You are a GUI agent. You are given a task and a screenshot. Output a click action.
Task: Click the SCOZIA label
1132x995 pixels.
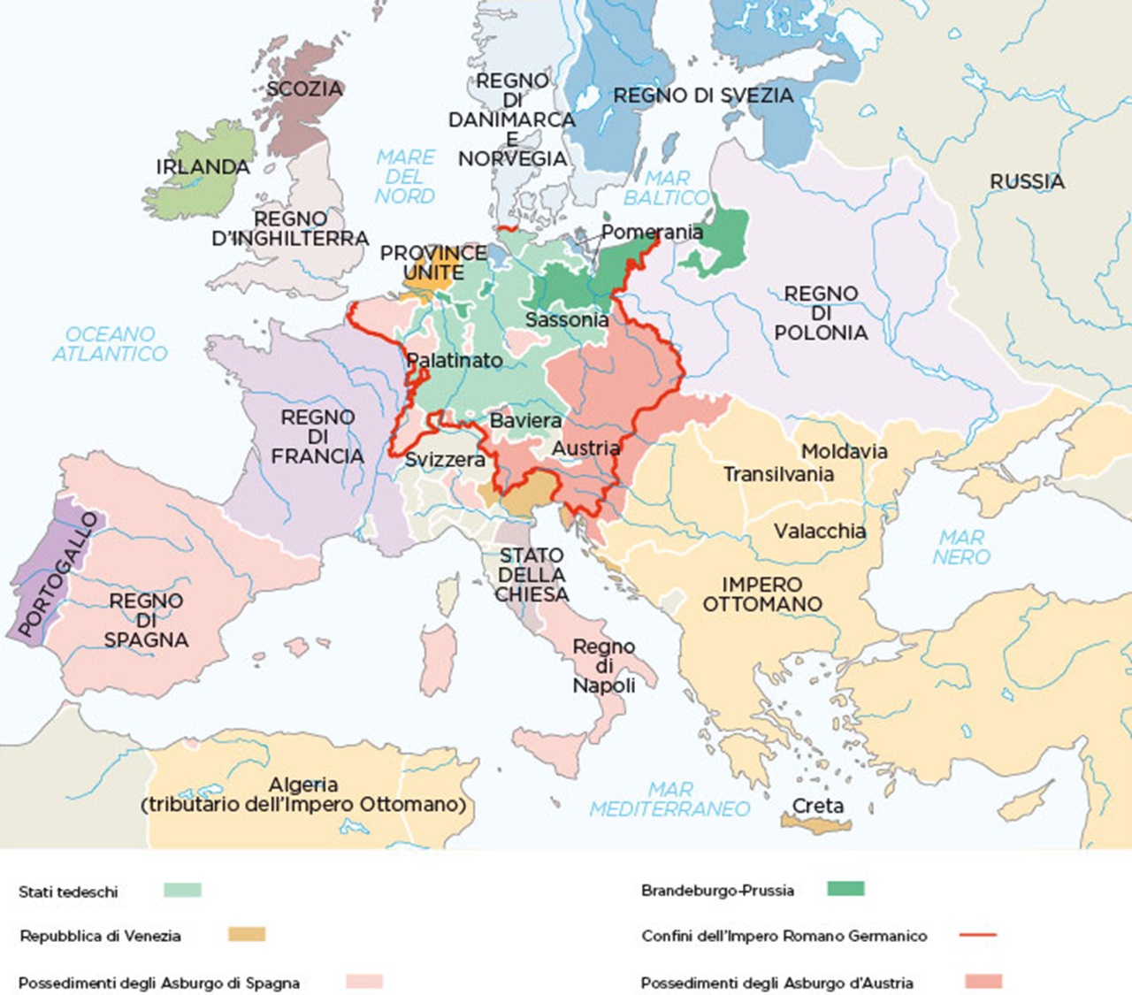[304, 89]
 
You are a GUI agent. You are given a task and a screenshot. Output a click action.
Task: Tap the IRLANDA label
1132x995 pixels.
[203, 166]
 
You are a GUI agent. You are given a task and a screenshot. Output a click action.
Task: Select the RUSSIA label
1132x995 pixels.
[1027, 181]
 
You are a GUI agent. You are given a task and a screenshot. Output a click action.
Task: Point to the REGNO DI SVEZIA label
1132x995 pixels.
[703, 96]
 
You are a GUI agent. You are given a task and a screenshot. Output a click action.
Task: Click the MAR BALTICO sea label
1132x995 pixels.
[667, 188]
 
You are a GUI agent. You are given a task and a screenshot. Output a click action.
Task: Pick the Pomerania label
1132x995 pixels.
[652, 233]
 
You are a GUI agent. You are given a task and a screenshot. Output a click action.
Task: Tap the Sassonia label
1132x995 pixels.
[567, 319]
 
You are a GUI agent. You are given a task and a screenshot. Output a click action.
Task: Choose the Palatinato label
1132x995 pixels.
[455, 360]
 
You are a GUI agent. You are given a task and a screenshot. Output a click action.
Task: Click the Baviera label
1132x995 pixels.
[525, 420]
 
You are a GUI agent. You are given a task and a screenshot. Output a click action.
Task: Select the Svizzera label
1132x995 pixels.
[445, 460]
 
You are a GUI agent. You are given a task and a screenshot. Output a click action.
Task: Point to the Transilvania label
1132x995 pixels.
[778, 474]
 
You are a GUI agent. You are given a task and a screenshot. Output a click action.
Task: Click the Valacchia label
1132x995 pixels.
[820, 532]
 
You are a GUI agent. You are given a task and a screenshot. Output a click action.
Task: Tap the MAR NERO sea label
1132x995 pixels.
[961, 547]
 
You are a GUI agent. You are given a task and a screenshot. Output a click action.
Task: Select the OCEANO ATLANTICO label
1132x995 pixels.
[110, 344]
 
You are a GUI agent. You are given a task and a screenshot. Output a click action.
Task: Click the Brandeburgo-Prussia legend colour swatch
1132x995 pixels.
[845, 889]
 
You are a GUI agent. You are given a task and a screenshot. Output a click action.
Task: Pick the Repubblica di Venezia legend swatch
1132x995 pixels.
[246, 934]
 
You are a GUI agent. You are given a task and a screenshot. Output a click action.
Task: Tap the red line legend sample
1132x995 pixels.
[977, 935]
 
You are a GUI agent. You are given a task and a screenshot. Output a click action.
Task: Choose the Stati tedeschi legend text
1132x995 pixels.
[68, 892]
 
